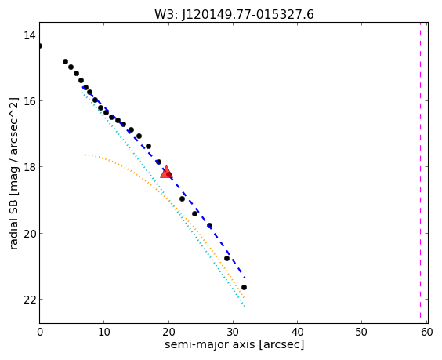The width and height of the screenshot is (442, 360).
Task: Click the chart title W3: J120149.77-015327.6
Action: [x=234, y=14]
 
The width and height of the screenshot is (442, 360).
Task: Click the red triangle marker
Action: [x=166, y=173]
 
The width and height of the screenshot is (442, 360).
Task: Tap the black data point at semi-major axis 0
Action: [x=39, y=46]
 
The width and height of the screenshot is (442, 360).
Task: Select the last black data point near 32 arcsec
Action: [x=244, y=288]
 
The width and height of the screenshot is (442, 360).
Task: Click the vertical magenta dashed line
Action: [x=420, y=173]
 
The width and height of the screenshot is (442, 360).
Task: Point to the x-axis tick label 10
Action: [x=104, y=332]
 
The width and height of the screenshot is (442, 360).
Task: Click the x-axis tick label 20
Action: [x=168, y=332]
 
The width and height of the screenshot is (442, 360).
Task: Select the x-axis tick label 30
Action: [x=233, y=332]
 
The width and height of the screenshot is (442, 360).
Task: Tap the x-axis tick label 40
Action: [x=297, y=332]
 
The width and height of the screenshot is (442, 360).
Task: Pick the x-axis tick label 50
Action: [x=361, y=332]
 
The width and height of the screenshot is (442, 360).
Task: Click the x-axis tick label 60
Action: [x=427, y=332]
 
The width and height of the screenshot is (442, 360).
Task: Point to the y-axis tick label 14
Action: [x=30, y=35]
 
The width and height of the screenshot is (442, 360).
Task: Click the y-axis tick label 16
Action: [x=30, y=100]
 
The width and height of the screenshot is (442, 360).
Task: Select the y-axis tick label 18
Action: [x=30, y=167]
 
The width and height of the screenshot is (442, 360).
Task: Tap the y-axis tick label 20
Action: [x=30, y=233]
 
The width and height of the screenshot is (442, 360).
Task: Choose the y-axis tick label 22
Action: [x=30, y=299]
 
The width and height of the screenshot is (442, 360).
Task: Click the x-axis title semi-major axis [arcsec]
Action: [x=234, y=345]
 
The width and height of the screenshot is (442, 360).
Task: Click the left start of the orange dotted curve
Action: [x=82, y=155]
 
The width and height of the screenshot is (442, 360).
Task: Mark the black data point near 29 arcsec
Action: [x=227, y=259]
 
